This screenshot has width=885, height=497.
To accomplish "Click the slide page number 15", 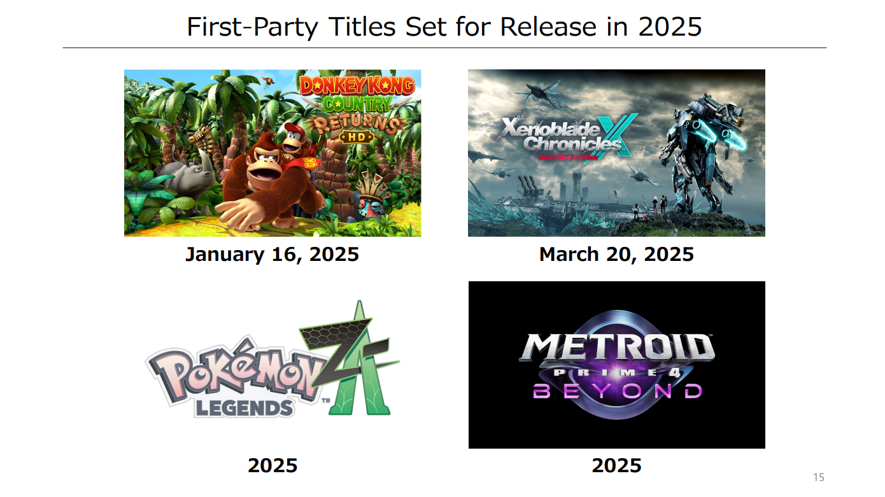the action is coord(819,477).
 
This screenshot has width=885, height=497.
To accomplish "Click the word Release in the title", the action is coord(548,27).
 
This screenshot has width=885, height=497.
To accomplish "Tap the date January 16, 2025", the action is coord(273,254).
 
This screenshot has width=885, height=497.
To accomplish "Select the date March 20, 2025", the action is coord(616,254).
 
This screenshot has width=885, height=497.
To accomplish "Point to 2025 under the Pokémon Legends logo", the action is coord(273,465).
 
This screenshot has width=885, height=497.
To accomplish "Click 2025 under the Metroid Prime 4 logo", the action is coord(616,465).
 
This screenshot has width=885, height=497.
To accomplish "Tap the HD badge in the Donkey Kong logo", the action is coord(357,137).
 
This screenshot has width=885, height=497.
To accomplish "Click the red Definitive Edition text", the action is coord(568,158).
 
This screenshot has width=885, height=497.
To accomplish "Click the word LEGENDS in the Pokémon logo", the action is coord(244,408).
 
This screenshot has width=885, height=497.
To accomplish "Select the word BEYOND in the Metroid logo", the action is coord(617,391).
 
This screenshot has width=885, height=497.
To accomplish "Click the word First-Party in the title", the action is coord(252,27).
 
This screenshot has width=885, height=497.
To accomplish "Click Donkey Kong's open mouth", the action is coord(263,174).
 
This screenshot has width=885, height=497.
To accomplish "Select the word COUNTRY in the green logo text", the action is coord(357,104).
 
